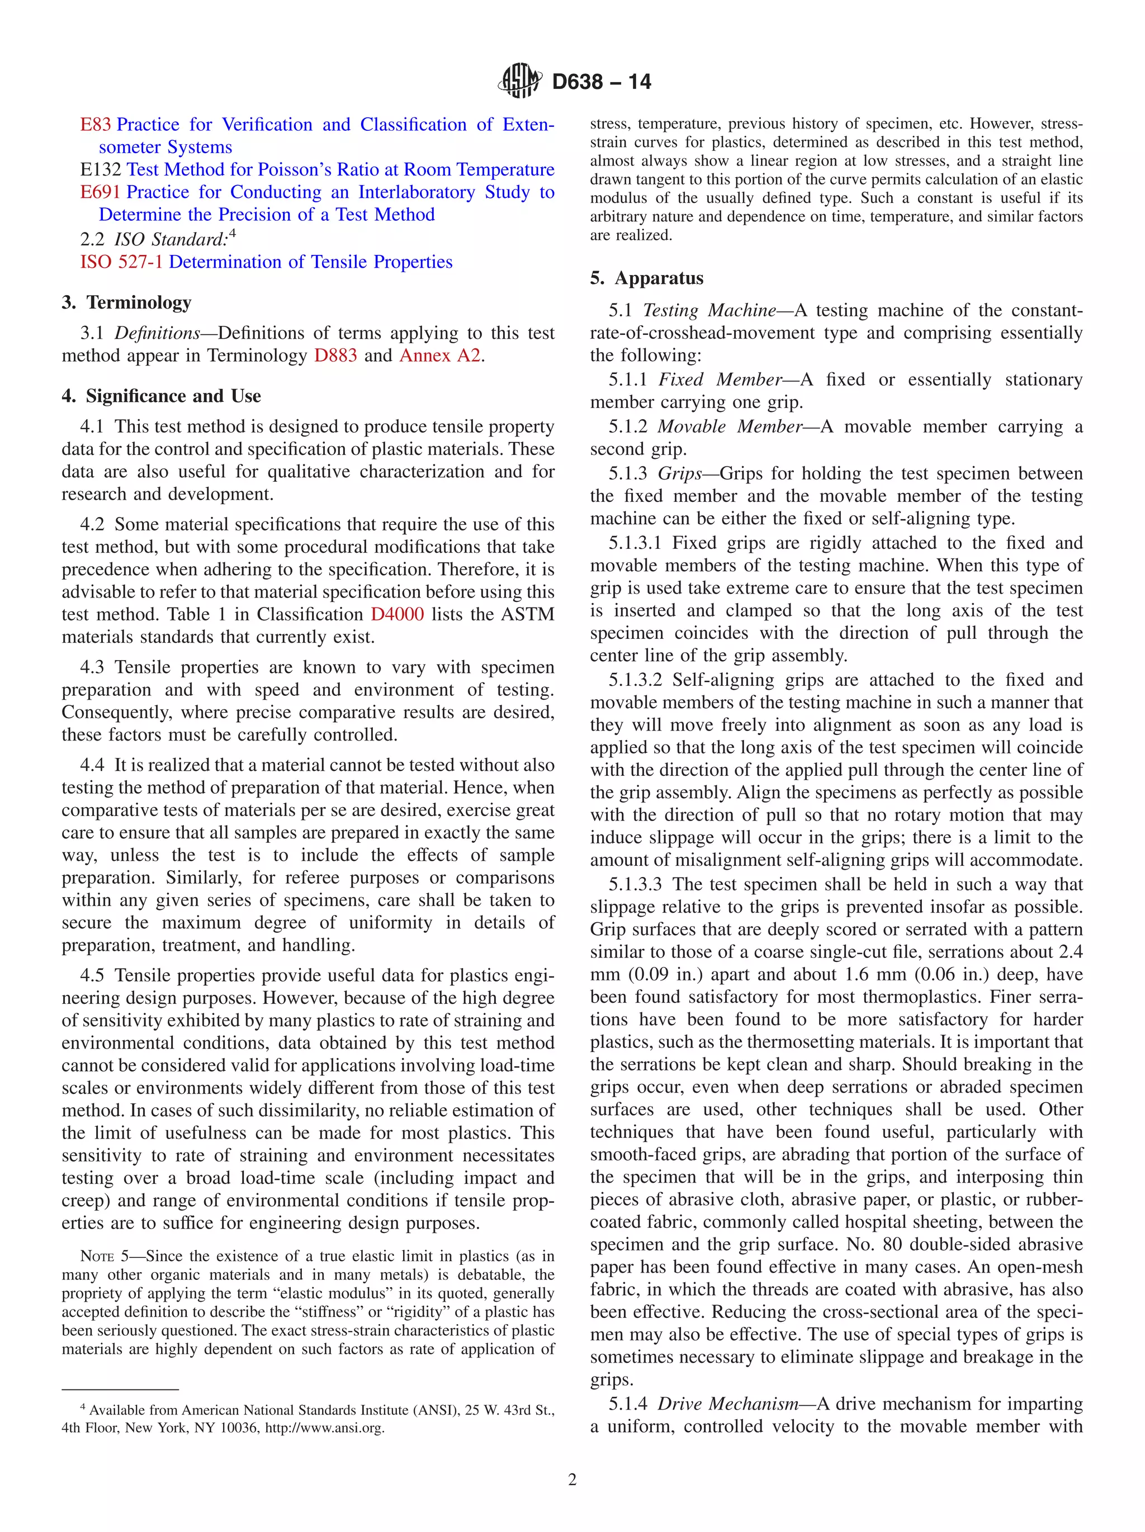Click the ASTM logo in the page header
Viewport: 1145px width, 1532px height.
coord(519,80)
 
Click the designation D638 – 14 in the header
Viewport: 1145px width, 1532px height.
coord(601,82)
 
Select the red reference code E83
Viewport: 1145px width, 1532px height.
coord(96,125)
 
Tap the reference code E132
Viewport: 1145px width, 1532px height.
coord(101,170)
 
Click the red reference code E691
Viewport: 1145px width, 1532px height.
coord(101,192)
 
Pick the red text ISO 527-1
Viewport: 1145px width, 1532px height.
coord(121,262)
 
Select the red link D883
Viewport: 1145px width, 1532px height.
coord(335,355)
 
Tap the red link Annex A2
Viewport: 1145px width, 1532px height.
coord(440,355)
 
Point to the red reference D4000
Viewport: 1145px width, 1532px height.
coord(397,614)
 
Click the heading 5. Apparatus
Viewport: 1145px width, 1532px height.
coord(646,278)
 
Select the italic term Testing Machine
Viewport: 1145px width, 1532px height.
coord(709,310)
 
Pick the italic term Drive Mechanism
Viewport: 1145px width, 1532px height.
coord(727,1404)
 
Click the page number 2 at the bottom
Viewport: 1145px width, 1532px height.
coord(572,1479)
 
